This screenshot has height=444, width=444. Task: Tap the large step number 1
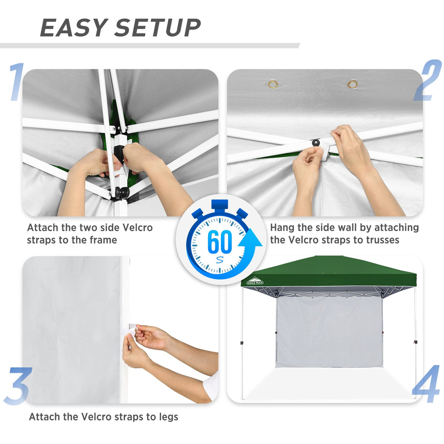tap(16, 82)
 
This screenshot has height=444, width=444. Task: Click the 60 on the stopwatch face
tap(219, 242)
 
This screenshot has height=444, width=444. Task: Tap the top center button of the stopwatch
tap(219, 204)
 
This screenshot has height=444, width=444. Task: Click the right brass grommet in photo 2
tap(353, 85)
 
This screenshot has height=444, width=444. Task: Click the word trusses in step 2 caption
tap(383, 240)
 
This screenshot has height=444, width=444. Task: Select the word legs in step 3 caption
tap(168, 417)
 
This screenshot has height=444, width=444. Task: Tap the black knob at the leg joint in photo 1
tap(122, 192)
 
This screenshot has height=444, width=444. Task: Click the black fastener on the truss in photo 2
tap(315, 142)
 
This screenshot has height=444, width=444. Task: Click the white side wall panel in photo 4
tap(328, 331)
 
